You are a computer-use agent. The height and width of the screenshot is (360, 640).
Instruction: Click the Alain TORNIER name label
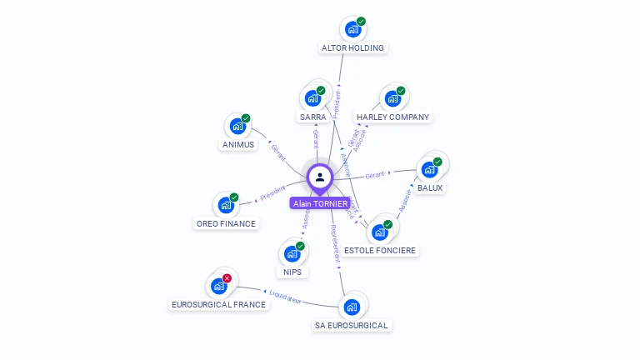click(320, 202)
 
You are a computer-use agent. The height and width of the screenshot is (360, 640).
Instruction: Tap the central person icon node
click(320, 177)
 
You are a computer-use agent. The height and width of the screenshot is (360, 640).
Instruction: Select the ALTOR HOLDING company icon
click(352, 29)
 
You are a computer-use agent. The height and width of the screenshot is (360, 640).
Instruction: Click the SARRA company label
click(312, 117)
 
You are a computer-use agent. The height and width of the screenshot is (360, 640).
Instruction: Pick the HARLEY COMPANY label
click(392, 117)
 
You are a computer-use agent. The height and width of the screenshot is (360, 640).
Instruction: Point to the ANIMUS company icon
click(237, 127)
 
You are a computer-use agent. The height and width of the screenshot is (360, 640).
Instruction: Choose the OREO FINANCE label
click(226, 223)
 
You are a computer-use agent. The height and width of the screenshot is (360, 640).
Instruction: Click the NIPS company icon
click(292, 254)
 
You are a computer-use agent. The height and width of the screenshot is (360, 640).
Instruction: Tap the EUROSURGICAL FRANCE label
click(218, 305)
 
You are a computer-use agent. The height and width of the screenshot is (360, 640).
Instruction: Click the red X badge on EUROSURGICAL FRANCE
click(227, 278)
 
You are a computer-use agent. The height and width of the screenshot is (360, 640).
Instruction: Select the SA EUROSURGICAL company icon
click(352, 307)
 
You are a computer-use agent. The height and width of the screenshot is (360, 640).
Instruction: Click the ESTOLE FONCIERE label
click(380, 250)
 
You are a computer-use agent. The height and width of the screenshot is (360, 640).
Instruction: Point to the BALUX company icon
click(429, 170)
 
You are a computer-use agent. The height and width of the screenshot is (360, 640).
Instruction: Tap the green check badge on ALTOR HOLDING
click(361, 21)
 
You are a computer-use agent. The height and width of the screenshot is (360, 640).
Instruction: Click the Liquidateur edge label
click(285, 296)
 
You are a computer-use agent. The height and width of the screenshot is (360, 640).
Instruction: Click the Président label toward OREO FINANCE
click(272, 192)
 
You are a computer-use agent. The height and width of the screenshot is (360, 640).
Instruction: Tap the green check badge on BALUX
click(437, 162)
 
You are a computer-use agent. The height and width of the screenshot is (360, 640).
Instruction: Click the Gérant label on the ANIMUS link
click(280, 152)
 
